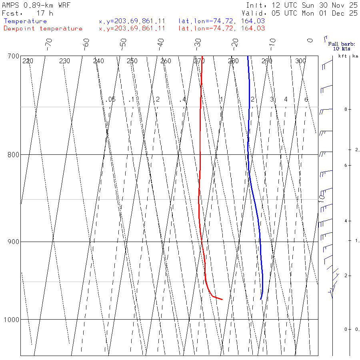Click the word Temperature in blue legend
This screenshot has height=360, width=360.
(25, 21)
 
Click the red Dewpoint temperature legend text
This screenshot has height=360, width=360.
(43, 28)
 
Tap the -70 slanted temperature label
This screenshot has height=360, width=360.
(48, 42)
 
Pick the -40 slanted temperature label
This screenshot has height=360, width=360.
(160, 42)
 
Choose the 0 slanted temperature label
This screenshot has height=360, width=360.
(310, 40)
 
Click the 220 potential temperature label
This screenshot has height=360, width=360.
(28, 61)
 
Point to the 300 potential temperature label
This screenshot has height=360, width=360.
(300, 61)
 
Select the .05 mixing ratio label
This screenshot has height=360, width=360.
(111, 99)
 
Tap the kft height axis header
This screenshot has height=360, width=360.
(342, 56)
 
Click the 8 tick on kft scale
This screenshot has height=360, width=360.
(340, 109)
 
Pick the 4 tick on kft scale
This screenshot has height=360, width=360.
(340, 221)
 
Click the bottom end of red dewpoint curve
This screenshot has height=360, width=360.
(222, 299)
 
